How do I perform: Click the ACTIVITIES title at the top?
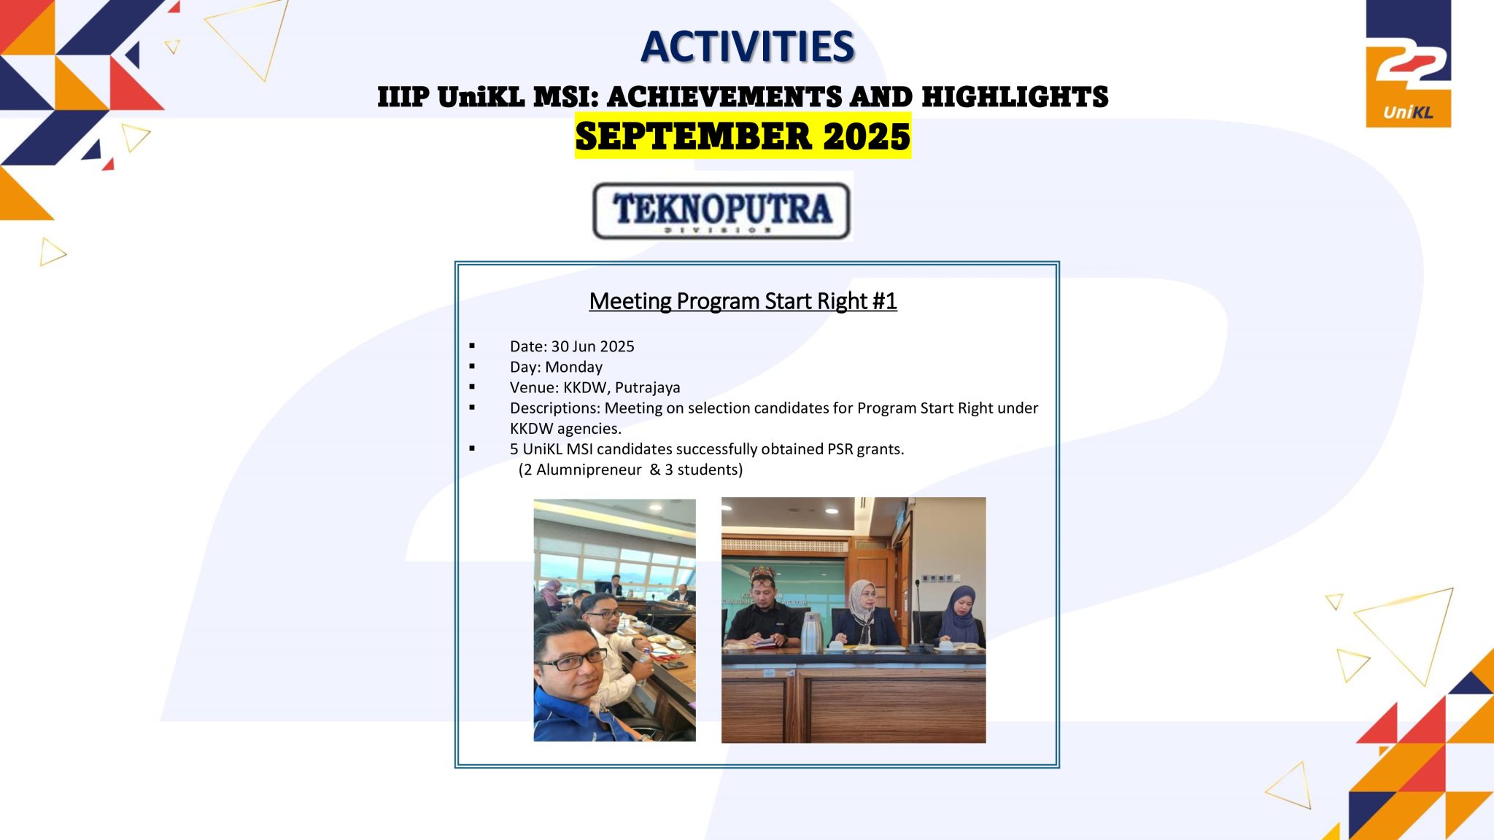click(747, 47)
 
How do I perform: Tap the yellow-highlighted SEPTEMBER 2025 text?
click(743, 136)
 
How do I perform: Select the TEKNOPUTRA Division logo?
click(721, 210)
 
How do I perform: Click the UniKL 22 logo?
click(1408, 64)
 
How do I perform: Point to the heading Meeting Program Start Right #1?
click(743, 301)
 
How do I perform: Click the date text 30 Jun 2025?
click(592, 346)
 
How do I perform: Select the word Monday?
click(573, 367)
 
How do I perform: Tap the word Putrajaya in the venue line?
click(647, 387)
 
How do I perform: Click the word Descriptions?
click(554, 408)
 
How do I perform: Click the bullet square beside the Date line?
click(473, 346)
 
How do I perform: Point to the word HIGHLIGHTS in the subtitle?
click(1015, 97)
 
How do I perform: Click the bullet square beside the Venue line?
click(473, 386)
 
